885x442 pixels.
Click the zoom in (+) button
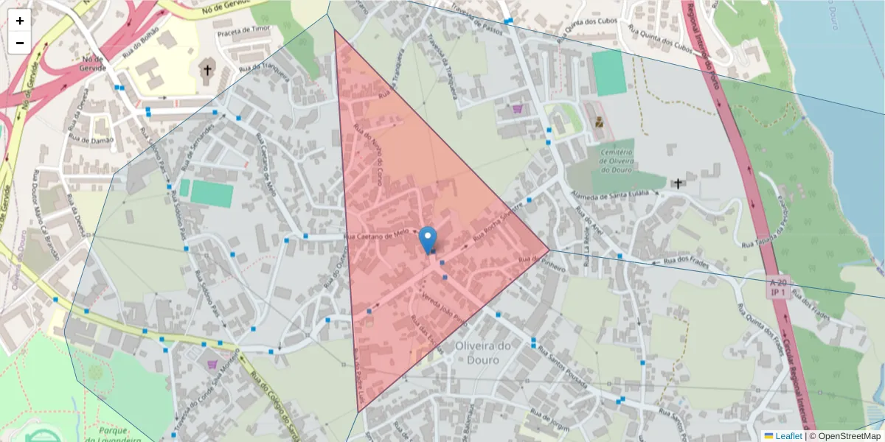(x=20, y=21)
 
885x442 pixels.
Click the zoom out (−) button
(x=20, y=43)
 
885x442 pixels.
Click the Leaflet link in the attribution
(x=788, y=436)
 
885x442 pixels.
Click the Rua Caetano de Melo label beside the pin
(x=376, y=235)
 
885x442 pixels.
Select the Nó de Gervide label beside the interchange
(x=94, y=62)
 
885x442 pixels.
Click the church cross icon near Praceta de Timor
(x=208, y=71)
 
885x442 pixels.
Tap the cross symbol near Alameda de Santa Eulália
(x=678, y=183)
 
